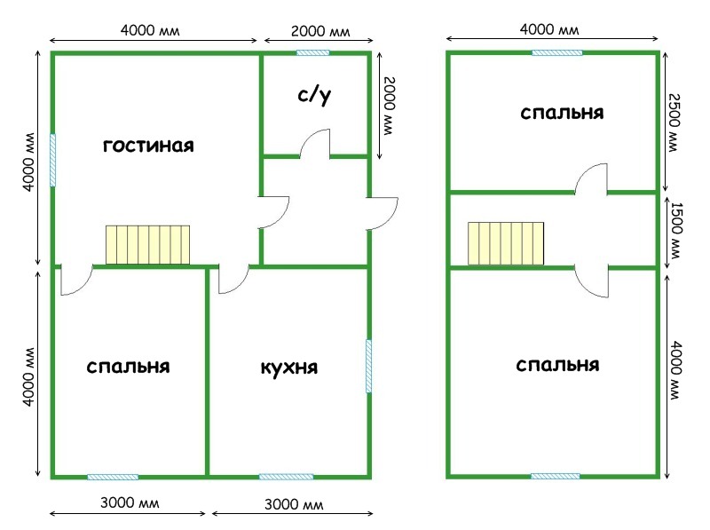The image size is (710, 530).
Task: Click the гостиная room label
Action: click(x=148, y=145)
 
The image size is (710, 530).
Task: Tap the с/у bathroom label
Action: click(x=314, y=97)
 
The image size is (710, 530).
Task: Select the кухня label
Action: click(x=288, y=367)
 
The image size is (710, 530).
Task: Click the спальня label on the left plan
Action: click(x=129, y=366)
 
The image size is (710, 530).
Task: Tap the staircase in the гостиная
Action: click(x=148, y=245)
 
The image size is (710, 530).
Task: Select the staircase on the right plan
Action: click(x=505, y=243)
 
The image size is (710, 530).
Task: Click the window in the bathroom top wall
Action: click(x=312, y=52)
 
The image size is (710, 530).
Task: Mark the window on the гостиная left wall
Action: click(x=52, y=159)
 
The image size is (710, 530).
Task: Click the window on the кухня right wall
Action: click(x=369, y=366)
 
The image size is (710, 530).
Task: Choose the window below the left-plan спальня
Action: click(x=113, y=477)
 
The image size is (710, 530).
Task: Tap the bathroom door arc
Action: click(x=316, y=144)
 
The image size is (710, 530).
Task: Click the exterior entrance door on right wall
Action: click(x=385, y=213)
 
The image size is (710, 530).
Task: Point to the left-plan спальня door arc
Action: click(x=75, y=281)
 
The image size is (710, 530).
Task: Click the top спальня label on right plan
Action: click(x=562, y=114)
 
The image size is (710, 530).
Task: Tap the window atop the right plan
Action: click(x=556, y=52)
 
